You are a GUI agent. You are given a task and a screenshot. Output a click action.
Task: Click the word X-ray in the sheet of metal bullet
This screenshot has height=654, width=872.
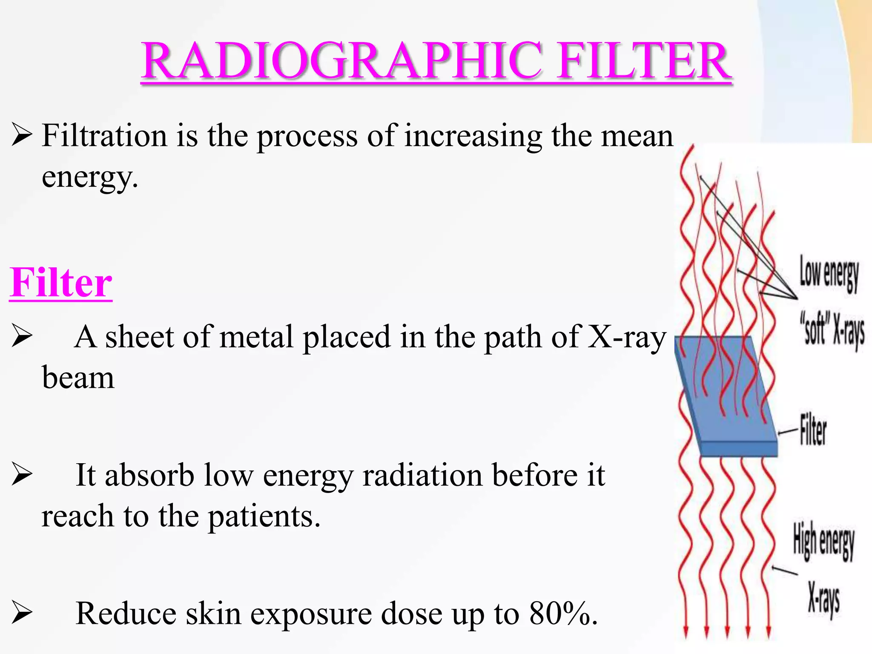pos(626,337)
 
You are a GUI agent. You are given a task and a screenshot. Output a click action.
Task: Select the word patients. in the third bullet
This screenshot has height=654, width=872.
pos(264,516)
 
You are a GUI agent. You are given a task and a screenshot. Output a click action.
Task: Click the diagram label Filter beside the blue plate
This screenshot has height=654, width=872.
pos(813,430)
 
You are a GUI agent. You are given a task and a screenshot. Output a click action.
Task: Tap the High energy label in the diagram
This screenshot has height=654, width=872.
pos(823,541)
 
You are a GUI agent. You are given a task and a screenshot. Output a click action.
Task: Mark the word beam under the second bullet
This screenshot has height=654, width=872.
pos(78,378)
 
